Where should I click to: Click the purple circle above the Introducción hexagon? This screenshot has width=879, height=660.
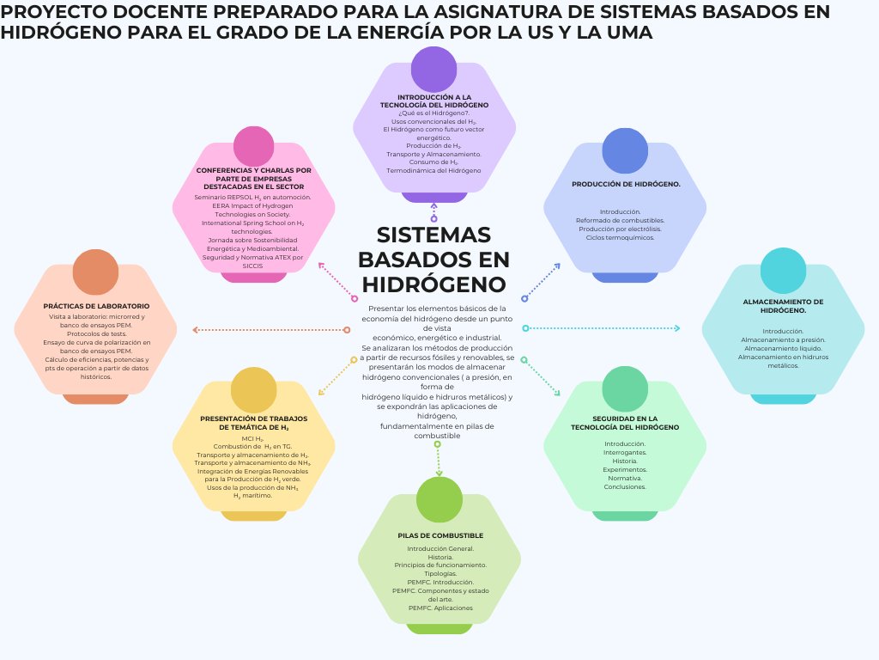click(x=433, y=69)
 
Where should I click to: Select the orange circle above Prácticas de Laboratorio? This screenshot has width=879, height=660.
click(x=95, y=272)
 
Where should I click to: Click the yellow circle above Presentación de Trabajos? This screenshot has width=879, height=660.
click(x=254, y=389)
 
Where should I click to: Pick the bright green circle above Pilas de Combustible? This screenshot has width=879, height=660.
click(x=439, y=499)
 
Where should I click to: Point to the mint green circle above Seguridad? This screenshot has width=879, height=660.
click(x=625, y=388)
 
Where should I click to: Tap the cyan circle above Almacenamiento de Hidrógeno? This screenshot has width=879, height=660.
click(x=782, y=270)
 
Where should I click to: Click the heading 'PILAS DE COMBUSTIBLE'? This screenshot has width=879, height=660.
click(x=440, y=535)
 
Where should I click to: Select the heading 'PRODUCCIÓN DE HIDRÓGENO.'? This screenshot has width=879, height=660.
click(x=626, y=184)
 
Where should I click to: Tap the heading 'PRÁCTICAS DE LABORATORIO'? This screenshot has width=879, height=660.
click(x=96, y=306)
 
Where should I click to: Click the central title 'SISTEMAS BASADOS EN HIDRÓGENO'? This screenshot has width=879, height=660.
click(x=433, y=259)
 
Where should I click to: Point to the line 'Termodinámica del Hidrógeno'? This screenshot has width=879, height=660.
click(x=433, y=170)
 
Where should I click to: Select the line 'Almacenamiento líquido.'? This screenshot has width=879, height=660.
click(x=783, y=348)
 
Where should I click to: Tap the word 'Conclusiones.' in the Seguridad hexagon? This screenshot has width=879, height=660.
click(x=625, y=486)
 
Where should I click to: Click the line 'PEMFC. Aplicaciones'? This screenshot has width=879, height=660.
click(x=440, y=608)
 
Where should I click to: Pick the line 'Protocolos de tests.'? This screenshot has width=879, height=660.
click(x=96, y=333)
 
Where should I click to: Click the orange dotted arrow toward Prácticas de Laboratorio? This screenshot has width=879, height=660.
click(x=270, y=330)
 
